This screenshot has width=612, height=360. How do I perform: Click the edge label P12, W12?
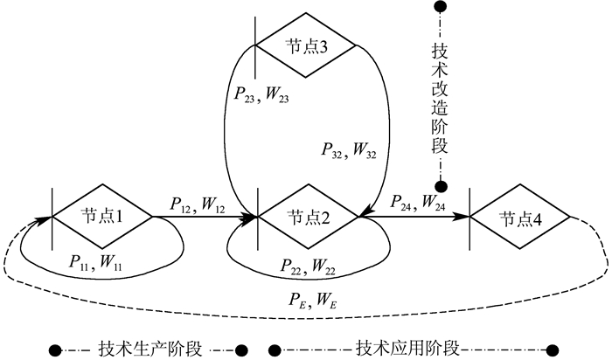click(x=196, y=204)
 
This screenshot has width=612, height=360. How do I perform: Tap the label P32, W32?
click(x=347, y=150)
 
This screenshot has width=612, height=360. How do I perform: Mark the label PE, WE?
click(x=311, y=301)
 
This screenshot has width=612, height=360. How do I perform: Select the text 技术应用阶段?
click(x=410, y=348)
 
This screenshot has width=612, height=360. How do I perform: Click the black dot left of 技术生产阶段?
click(x=55, y=350)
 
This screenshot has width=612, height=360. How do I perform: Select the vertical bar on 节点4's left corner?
click(x=470, y=218)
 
